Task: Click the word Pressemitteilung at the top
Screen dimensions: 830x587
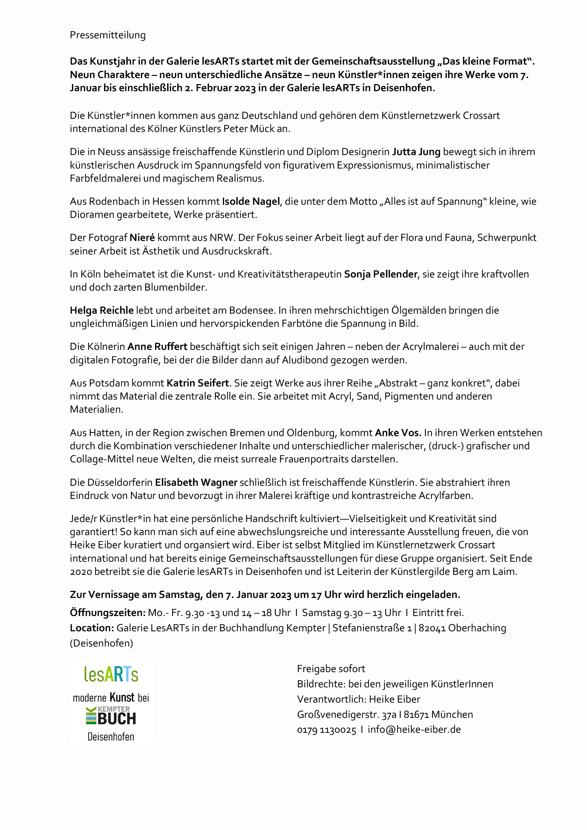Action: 108,35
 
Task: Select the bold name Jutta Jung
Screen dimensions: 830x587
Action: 416,152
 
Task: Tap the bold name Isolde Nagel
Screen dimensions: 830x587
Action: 251,201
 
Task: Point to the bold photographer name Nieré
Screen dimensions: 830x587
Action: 142,237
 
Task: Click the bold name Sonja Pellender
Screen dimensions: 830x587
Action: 380,274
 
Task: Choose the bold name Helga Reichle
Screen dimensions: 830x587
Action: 102,310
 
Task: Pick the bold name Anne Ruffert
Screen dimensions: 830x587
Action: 157,346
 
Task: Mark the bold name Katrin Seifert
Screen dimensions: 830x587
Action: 197,383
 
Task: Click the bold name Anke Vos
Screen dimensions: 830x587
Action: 397,433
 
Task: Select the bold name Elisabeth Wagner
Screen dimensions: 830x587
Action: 196,482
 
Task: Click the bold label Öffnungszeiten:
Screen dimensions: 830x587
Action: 107,612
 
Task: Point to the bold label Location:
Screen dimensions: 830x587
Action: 92,628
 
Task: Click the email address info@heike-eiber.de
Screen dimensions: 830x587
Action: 414,729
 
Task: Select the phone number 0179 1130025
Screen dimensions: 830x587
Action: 327,730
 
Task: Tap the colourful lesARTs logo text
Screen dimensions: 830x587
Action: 111,674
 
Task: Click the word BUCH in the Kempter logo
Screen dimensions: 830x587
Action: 116,719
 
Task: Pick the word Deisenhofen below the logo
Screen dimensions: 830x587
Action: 111,737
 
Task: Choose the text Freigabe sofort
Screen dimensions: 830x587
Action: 331,669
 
